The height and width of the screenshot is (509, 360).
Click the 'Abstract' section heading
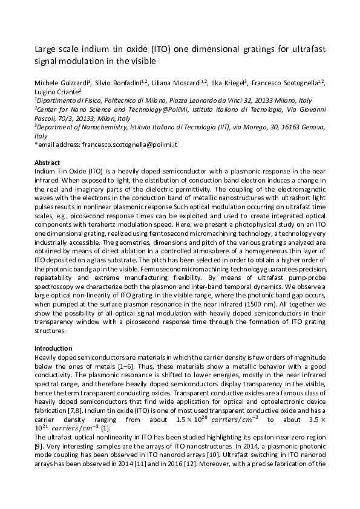point(47,163)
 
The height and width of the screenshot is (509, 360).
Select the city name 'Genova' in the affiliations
point(313,127)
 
